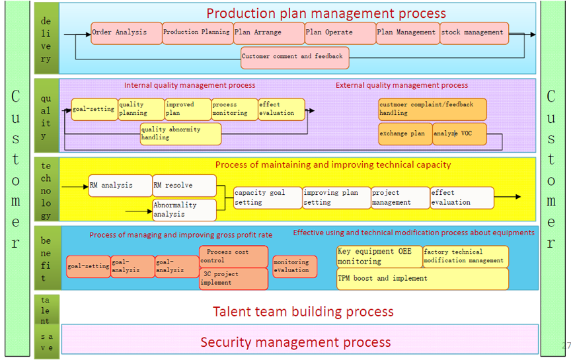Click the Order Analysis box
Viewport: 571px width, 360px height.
[x=126, y=33]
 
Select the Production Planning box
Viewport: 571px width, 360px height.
[x=198, y=33]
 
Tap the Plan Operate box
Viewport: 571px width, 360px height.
[x=340, y=33]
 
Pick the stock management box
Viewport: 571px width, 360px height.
[x=474, y=33]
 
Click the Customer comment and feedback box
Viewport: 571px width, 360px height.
[x=295, y=58]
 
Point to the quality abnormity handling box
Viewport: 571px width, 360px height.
[x=180, y=134]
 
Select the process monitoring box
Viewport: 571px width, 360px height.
[x=235, y=109]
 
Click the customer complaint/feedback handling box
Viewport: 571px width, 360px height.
[x=432, y=109]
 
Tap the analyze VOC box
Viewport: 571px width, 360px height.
[x=459, y=134]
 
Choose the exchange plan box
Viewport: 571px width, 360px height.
[x=405, y=134]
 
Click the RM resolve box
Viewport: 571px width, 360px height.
[x=184, y=186]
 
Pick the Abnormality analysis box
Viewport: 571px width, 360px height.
[x=184, y=209]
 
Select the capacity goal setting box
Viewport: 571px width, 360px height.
[x=268, y=198]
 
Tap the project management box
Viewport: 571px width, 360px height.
[x=400, y=198]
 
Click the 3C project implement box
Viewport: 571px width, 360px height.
[x=233, y=279]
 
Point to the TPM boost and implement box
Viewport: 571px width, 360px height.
[x=422, y=279]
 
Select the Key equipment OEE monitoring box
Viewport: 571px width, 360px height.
[x=379, y=256]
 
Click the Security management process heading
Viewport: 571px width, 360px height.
[x=295, y=342]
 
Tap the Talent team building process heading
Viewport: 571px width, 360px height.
[x=303, y=312]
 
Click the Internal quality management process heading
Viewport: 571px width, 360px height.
[x=190, y=85]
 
